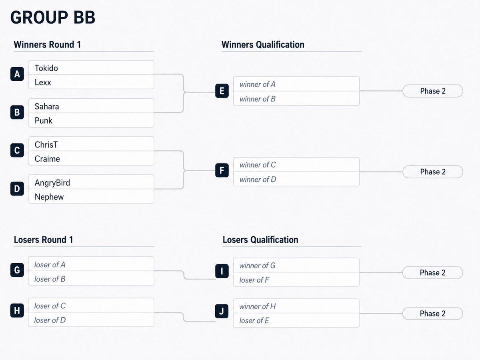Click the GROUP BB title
click(53, 17)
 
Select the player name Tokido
click(46, 68)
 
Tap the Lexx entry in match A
click(43, 82)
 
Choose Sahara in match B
click(47, 106)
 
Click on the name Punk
click(43, 120)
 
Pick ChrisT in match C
click(46, 144)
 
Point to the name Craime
click(47, 159)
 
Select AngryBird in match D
click(52, 183)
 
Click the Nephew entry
click(49, 197)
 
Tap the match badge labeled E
click(222, 91)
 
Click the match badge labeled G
click(17, 270)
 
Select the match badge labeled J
click(222, 311)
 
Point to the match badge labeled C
click(17, 150)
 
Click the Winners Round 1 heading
click(47, 44)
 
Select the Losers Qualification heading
click(260, 240)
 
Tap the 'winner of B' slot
click(296, 98)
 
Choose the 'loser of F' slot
click(296, 280)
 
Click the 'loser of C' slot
click(91, 305)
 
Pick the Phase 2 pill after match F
click(433, 172)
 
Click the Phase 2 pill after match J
click(432, 314)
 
